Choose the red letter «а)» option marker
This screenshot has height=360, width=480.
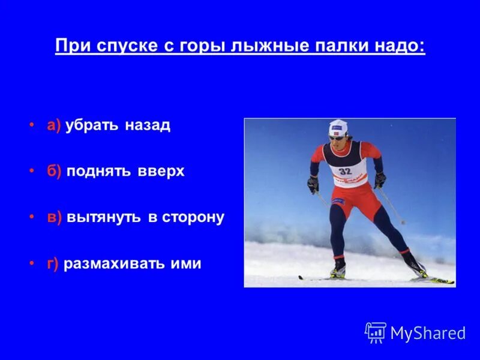pyautogui.click(x=54, y=125)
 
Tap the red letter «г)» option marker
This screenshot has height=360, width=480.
pyautogui.click(x=53, y=263)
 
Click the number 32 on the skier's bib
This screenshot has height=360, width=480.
pyautogui.click(x=344, y=171)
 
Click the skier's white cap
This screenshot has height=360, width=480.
pyautogui.click(x=338, y=127)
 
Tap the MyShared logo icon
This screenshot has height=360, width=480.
pyautogui.click(x=376, y=332)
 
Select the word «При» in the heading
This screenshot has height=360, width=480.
pyautogui.click(x=70, y=46)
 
